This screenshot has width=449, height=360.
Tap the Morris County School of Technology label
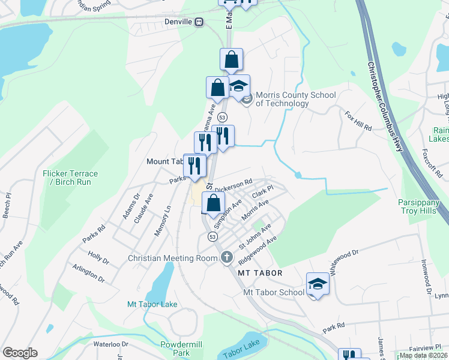click(x=282, y=99)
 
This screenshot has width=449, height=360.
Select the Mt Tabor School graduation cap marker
click(x=318, y=284)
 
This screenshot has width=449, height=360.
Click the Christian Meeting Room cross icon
click(x=226, y=258)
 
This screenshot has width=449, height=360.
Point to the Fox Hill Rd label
click(x=358, y=120)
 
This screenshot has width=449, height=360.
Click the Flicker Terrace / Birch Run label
click(x=70, y=178)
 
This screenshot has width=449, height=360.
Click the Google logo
click(x=20, y=353)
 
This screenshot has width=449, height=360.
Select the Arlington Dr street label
click(x=88, y=275)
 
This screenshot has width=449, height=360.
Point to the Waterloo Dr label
click(x=111, y=344)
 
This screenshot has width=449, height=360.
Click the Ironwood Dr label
click(x=428, y=277)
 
